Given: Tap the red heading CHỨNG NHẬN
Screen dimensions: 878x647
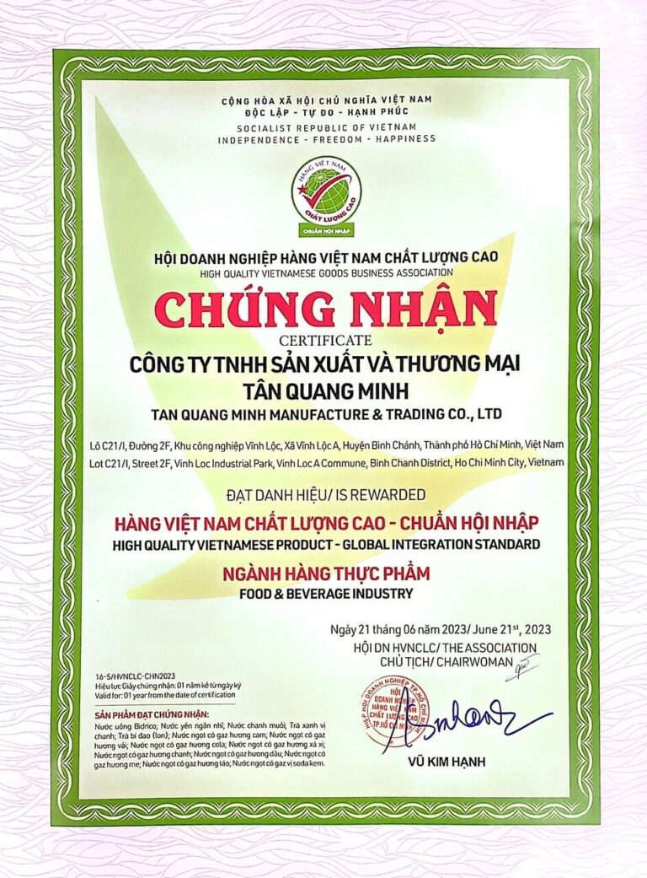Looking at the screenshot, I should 325,310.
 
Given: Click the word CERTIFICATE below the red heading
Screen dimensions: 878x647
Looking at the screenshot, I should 325,340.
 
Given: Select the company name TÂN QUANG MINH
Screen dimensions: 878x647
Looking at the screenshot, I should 325,390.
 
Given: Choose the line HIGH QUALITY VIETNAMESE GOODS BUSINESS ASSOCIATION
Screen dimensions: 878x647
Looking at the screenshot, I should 326,272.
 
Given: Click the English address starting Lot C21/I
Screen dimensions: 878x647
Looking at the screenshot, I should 325,462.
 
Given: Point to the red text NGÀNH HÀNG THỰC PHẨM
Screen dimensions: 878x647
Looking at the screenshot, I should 325,574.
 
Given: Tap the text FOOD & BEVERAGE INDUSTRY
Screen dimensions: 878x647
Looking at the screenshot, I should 325,593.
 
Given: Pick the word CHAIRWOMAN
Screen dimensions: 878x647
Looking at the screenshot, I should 481,662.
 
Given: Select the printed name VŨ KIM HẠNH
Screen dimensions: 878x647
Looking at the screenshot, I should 452,762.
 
